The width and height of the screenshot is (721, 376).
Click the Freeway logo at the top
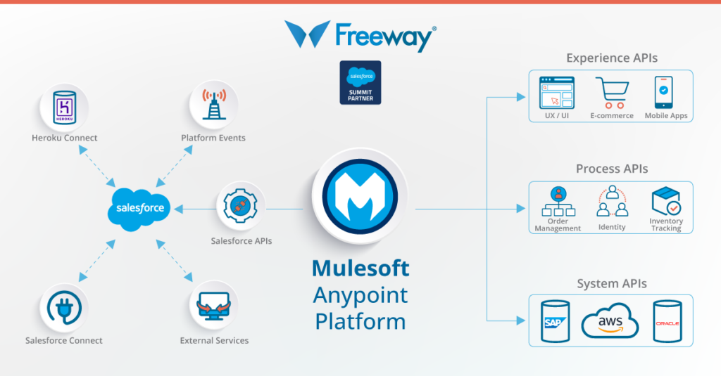(360, 35)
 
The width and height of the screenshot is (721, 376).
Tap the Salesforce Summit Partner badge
(360, 83)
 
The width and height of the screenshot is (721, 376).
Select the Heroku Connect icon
(65, 108)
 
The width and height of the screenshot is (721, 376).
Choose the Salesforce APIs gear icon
(241, 206)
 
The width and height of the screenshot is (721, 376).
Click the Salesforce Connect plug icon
(64, 307)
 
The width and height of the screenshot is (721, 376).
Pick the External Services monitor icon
(214, 306)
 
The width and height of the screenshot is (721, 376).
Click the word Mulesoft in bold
(360, 268)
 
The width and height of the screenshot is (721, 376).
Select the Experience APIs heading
(611, 58)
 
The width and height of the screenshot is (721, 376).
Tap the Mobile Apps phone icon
(663, 92)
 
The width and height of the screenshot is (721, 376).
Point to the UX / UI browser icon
(557, 92)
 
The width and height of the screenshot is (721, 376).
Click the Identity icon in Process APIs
(611, 202)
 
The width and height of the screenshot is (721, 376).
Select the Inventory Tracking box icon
(665, 202)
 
